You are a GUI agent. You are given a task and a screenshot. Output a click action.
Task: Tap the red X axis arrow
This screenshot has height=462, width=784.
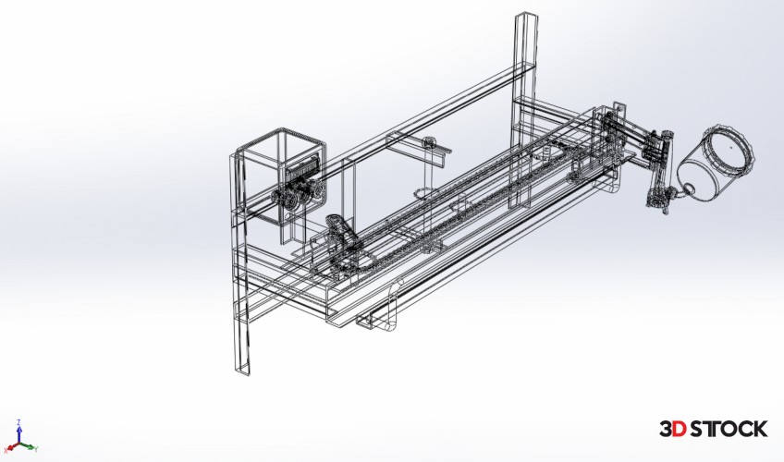(11, 446)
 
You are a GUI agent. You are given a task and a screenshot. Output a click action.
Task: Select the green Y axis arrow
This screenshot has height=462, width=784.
(29, 446)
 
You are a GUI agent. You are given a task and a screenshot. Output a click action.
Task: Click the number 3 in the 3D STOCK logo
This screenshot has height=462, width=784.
(667, 429)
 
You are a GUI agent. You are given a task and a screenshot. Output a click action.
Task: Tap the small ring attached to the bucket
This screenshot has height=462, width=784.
(688, 188)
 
